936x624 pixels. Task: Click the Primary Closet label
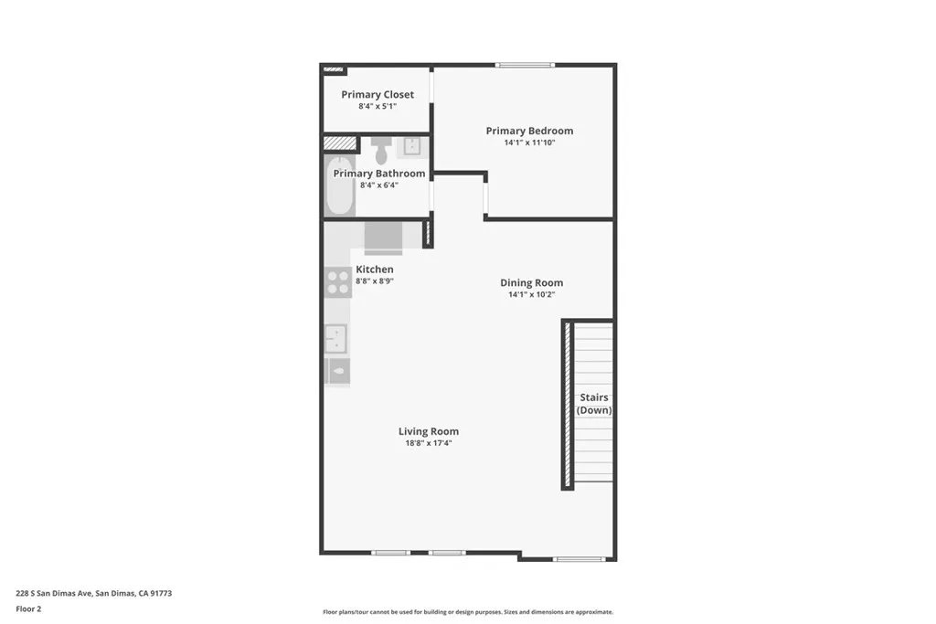coord(378,94)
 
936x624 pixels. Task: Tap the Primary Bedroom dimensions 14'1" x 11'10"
coord(529,143)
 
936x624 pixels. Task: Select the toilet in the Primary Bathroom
coord(381,151)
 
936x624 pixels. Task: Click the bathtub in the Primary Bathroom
coord(340,185)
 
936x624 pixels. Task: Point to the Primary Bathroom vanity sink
coord(412,146)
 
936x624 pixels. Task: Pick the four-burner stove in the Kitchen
coord(338,283)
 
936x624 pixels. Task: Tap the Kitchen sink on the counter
coord(335,338)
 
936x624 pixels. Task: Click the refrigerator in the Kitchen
coord(383,238)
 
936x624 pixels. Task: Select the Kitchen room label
coord(374,269)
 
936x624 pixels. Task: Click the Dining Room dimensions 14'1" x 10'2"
coord(531,294)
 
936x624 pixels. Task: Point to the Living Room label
coord(429,431)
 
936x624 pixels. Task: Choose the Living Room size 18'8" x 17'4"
coord(429,443)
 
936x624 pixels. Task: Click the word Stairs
coord(594,397)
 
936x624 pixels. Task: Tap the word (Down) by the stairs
coord(594,410)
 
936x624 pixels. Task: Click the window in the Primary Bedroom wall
coord(525,65)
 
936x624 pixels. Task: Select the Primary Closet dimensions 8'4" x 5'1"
coord(378,106)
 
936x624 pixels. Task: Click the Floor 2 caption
coord(28,609)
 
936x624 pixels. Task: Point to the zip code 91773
coord(161,594)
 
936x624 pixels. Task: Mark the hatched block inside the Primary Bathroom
coord(340,143)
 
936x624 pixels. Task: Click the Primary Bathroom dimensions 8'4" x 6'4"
coord(379,185)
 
